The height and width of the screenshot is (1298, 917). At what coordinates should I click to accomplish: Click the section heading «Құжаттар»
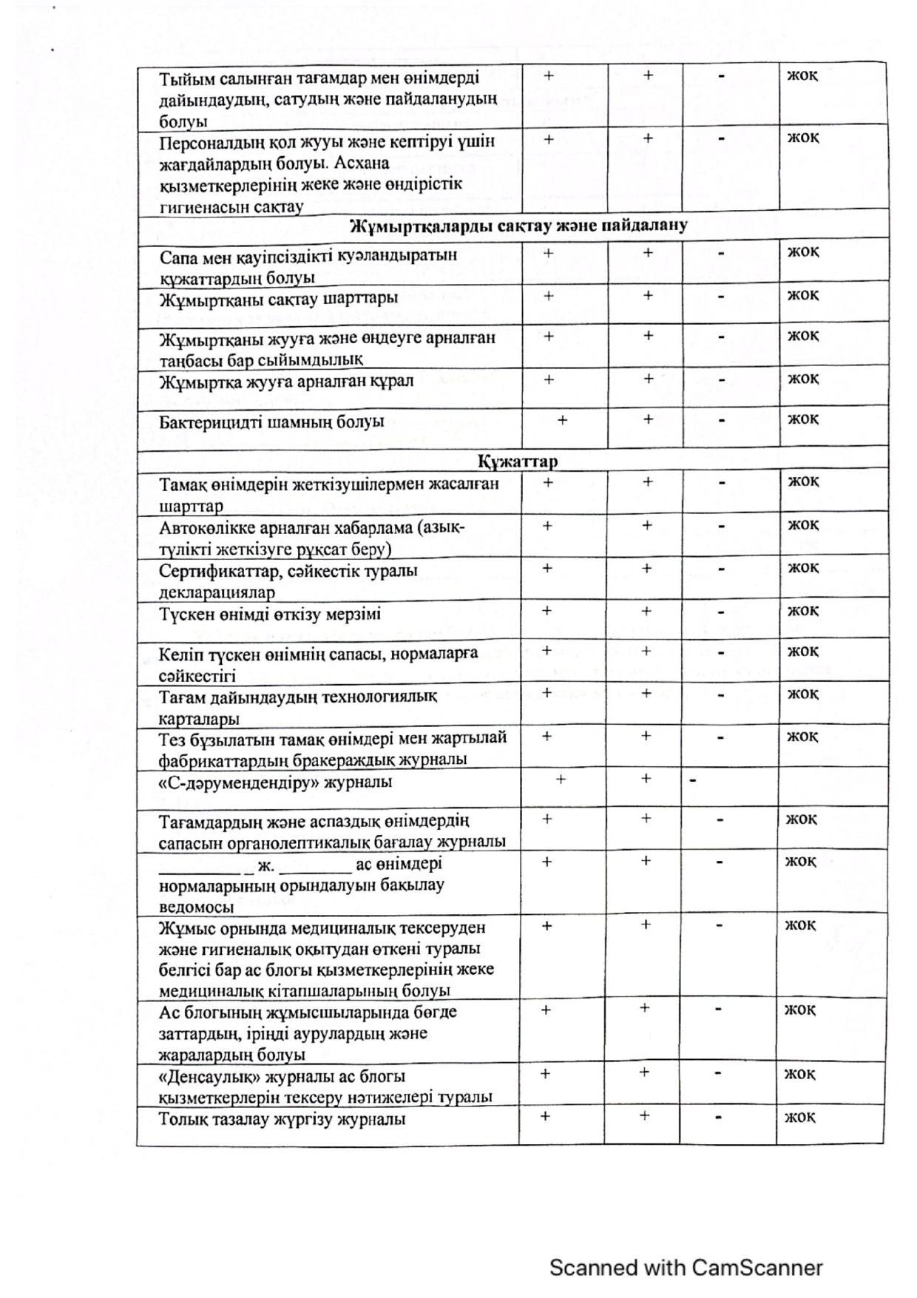pos(517,462)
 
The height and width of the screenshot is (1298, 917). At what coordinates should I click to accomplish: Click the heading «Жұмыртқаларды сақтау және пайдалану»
pos(518,226)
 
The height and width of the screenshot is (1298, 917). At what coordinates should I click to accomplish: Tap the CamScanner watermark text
pos(686,1268)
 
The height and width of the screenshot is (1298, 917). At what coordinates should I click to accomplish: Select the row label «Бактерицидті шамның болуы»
pos(271,422)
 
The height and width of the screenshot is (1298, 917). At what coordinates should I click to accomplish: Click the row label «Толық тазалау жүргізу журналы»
pos(282,1119)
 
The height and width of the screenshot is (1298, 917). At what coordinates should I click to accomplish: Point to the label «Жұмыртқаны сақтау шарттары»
pos(279,299)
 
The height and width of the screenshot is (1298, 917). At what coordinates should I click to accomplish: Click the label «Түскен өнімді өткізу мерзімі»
pos(271,614)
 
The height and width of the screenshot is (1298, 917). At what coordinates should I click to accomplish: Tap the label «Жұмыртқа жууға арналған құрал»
pos(287,382)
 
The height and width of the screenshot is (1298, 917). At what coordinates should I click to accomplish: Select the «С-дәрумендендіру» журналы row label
pos(276,782)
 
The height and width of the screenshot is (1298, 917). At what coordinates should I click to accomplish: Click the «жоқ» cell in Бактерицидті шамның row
pos(802,419)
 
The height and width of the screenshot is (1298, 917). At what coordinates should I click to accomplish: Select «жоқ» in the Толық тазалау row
pos(799,1116)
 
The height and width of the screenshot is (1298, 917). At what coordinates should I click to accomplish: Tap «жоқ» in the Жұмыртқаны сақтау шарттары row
pos(802,295)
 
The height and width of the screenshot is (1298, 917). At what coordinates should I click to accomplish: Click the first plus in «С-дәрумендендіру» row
pos(561,779)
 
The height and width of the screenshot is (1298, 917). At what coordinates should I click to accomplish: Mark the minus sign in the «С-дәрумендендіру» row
pos(693,780)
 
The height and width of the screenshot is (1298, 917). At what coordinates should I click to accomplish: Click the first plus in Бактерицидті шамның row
pos(562,420)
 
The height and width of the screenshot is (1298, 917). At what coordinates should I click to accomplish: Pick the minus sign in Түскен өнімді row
pos(720,612)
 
